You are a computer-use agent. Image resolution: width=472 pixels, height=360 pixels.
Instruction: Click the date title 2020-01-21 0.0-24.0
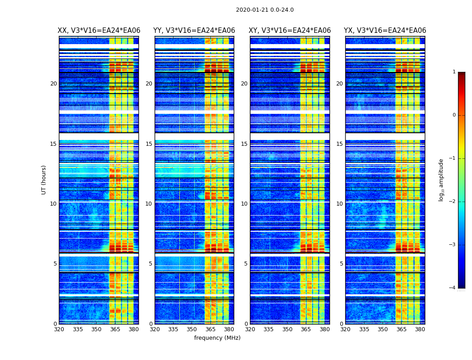pos(265,10)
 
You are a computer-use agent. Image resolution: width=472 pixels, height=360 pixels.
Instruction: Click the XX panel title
pos(99,31)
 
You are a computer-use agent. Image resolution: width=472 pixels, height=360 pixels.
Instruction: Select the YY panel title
pos(194,31)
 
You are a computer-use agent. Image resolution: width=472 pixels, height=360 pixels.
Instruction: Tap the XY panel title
pos(289,31)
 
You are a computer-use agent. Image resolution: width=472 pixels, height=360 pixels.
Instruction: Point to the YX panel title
pos(385,31)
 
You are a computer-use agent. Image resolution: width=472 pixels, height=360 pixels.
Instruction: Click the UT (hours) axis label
pos(44,180)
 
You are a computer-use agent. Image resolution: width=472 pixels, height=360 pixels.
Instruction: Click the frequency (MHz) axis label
pos(217,338)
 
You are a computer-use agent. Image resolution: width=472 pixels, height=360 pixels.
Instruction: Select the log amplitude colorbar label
pos(441,180)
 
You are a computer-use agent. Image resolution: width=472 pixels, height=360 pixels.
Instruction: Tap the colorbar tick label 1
pos(454,72)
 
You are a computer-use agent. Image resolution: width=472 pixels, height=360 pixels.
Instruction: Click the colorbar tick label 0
pos(454,115)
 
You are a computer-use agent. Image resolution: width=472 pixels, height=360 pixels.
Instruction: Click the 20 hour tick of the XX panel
pos(53,84)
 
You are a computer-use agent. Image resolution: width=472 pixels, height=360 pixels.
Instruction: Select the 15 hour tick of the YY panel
pos(149,144)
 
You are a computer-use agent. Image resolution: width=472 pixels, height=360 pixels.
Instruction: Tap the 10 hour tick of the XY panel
pos(244,204)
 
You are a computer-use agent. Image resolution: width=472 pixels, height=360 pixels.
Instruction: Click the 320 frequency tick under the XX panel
pos(59,329)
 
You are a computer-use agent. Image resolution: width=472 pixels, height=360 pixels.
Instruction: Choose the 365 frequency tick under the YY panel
pos(210,329)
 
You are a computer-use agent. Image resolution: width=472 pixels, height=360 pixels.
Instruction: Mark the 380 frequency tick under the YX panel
pos(420,329)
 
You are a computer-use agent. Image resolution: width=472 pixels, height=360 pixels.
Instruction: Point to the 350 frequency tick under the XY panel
pos(287,329)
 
